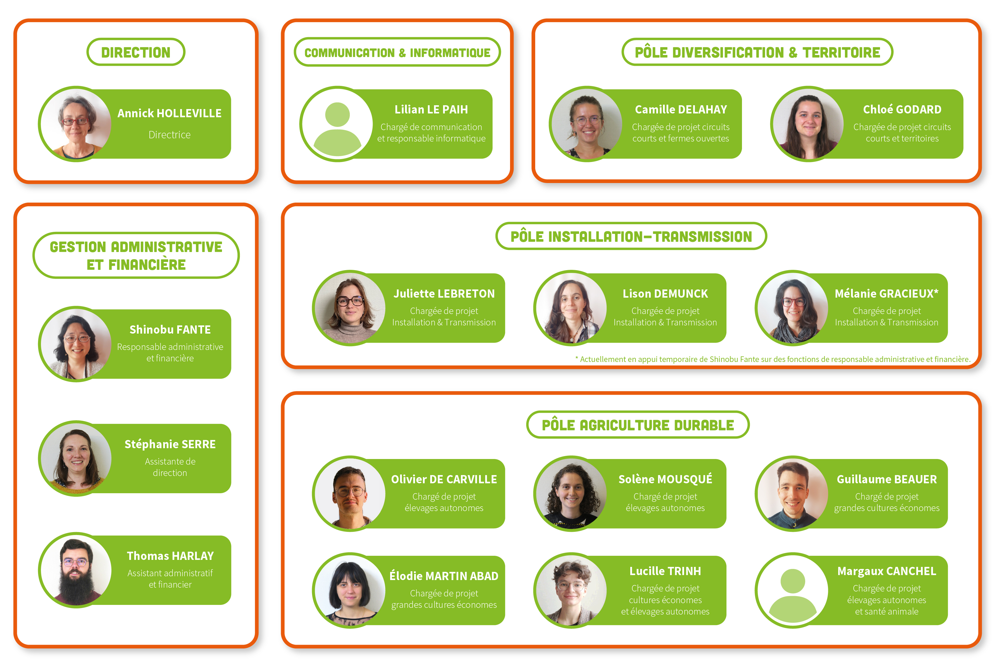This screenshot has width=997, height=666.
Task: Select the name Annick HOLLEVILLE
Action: point(170,113)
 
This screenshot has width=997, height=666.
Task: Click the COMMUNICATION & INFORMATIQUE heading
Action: point(397,53)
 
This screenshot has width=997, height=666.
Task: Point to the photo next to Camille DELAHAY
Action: point(587,124)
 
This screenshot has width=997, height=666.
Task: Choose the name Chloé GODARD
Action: point(902,110)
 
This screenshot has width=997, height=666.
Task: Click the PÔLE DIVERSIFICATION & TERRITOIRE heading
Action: point(757,52)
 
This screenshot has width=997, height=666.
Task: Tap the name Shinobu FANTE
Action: point(170,329)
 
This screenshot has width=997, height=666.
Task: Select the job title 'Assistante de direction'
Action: point(170,467)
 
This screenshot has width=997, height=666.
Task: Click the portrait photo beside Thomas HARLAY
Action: point(76,570)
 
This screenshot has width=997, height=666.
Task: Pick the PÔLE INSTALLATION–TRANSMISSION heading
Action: point(631,237)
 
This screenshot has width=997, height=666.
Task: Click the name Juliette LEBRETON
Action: point(444,294)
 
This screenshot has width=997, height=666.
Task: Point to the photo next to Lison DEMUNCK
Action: point(571,308)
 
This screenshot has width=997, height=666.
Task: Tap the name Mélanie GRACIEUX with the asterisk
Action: point(886,294)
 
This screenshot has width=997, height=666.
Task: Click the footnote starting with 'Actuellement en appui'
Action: point(773,359)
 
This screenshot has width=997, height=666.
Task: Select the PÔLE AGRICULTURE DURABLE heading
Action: point(638,425)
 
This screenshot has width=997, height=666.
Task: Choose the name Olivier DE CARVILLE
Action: point(444,479)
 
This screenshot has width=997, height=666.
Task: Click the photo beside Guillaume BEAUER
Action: point(792,494)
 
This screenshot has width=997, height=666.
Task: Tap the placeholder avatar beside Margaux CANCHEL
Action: point(792,590)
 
